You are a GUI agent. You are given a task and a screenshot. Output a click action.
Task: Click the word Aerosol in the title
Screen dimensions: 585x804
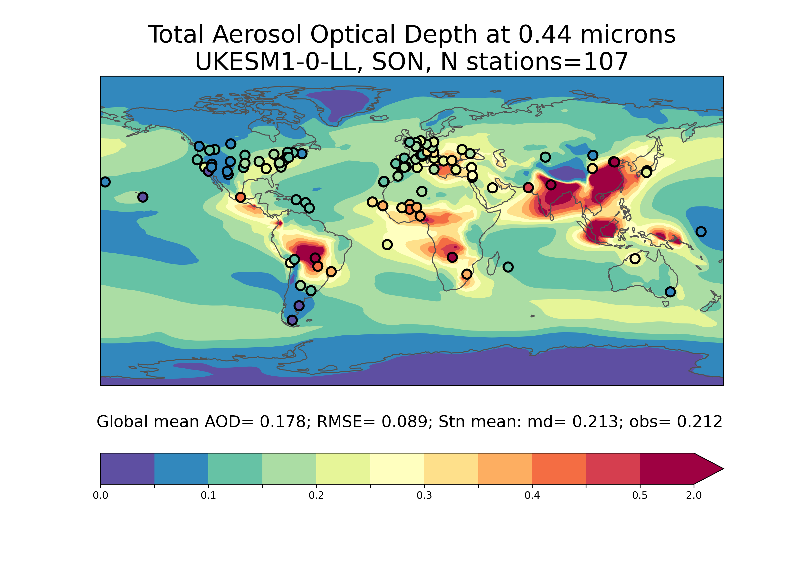(x=258, y=35)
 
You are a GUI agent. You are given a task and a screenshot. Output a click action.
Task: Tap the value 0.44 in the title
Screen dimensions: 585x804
(x=545, y=35)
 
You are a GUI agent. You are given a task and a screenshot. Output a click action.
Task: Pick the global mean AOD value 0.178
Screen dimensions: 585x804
(x=283, y=422)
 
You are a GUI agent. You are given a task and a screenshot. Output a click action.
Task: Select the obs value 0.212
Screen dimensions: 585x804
(x=699, y=422)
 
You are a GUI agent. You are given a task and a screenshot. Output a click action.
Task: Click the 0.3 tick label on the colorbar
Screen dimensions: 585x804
(x=424, y=496)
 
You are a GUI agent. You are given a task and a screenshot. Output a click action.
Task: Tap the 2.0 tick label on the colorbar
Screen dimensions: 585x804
(x=693, y=496)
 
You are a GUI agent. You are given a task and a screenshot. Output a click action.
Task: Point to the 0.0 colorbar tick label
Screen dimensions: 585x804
(x=101, y=496)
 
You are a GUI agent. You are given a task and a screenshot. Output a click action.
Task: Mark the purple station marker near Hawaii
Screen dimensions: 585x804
(x=143, y=197)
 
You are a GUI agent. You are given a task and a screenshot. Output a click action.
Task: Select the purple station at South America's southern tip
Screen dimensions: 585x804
(x=292, y=320)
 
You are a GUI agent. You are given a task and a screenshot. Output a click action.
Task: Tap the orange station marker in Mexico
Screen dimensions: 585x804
(x=240, y=197)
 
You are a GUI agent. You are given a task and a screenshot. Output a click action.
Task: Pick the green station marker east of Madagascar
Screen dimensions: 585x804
(x=508, y=267)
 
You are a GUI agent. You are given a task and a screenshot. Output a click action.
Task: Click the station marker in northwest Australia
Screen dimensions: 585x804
(x=635, y=259)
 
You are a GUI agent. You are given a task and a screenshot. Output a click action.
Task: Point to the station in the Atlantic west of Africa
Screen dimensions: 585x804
(x=387, y=244)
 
